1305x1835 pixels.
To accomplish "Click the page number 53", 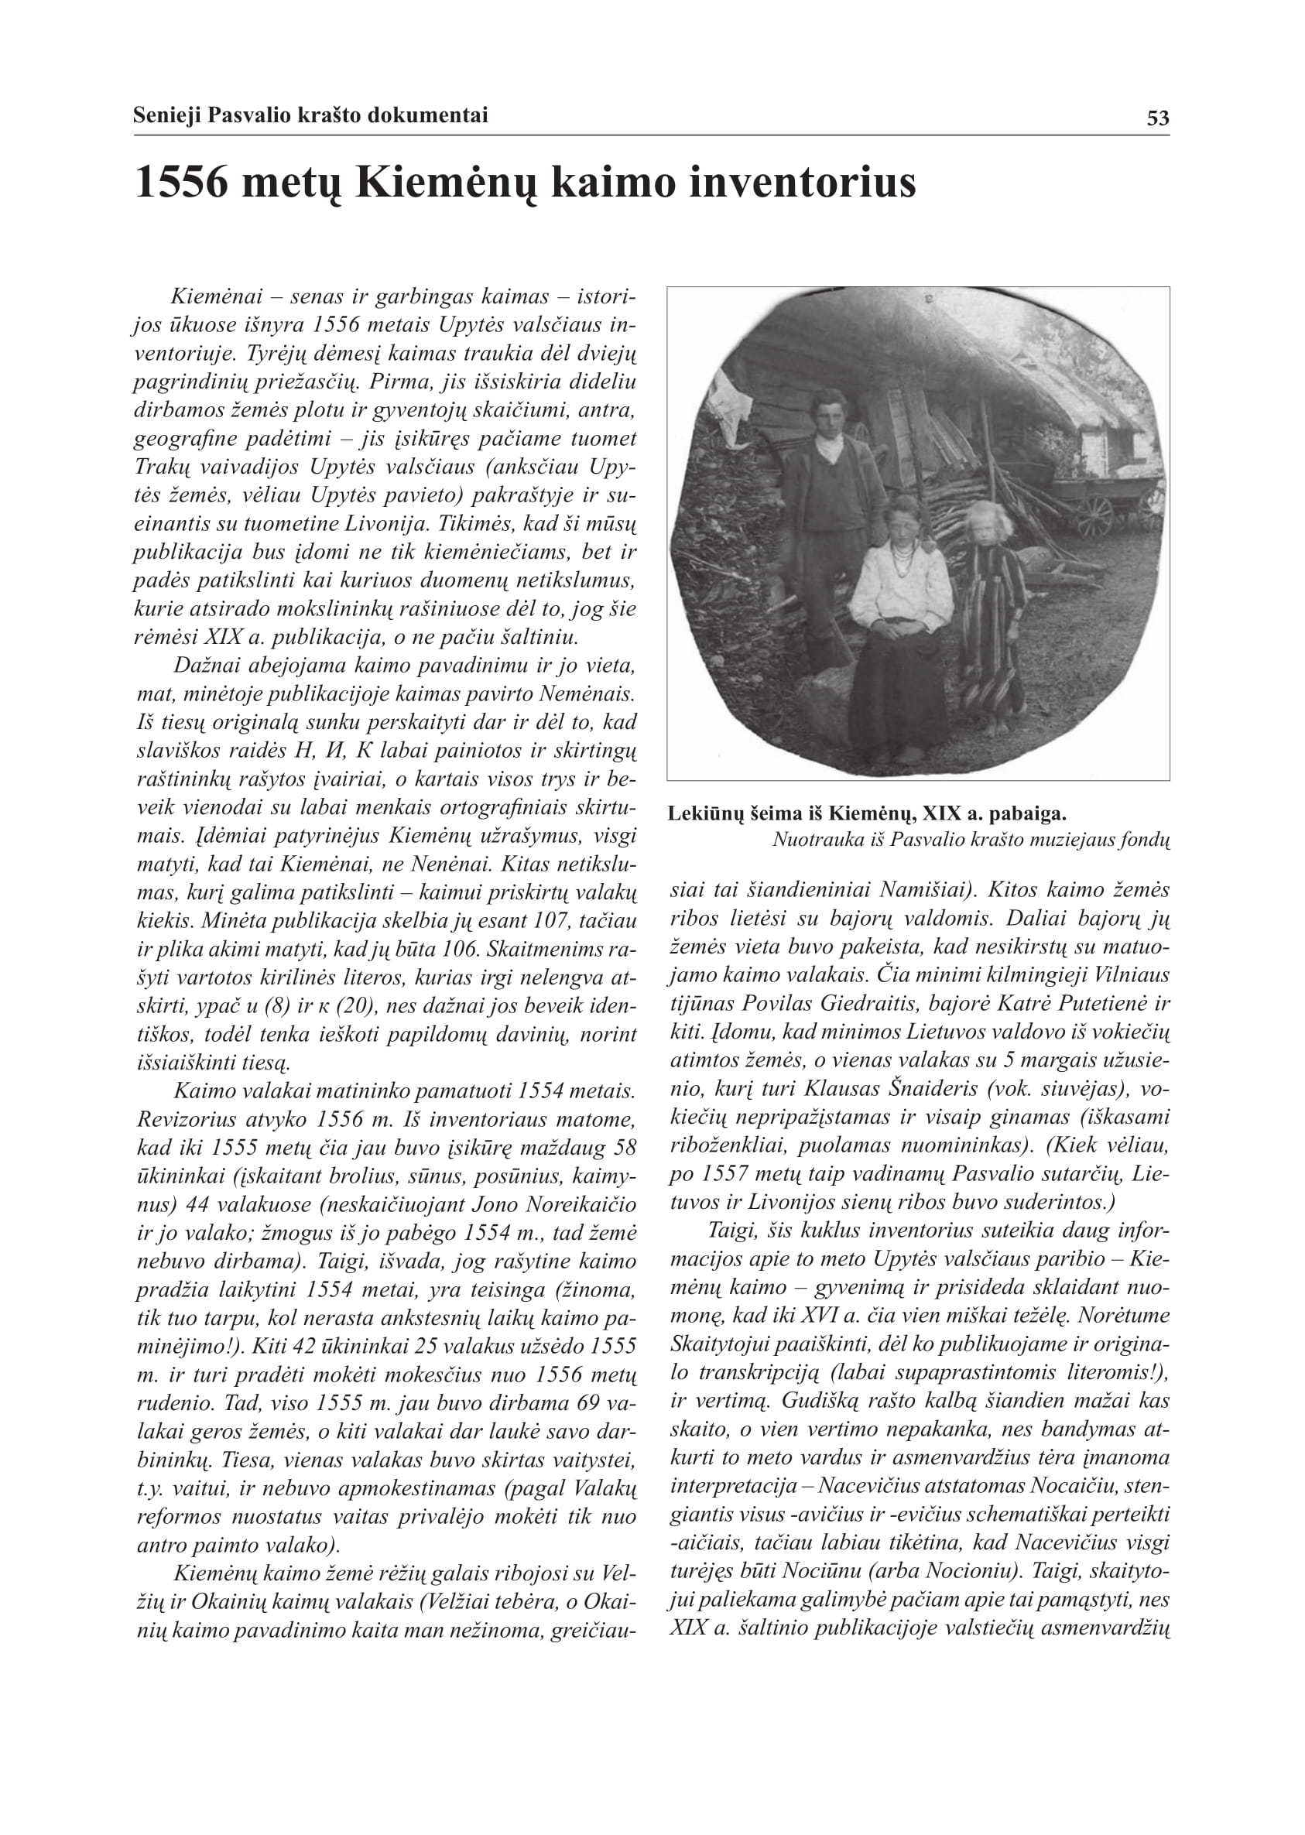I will click(x=1157, y=118).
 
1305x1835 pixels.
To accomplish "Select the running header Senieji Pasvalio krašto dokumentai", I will click(x=310, y=115).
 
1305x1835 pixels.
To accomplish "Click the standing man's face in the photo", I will click(x=827, y=414).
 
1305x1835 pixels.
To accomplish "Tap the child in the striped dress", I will click(x=993, y=611).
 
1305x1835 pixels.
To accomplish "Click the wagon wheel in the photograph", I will click(x=1095, y=515).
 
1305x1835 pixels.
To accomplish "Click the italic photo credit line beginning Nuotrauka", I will click(x=970, y=840).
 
